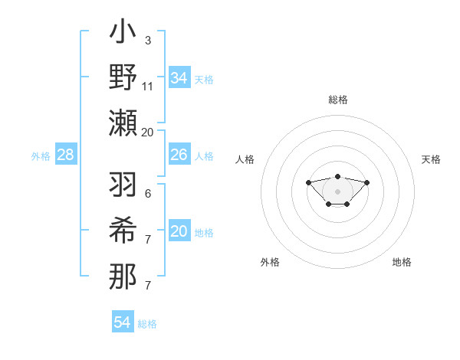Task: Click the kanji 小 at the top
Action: (123, 35)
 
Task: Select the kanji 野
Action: (123, 79)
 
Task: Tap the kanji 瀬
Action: (123, 123)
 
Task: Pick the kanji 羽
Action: (123, 186)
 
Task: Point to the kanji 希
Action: (123, 231)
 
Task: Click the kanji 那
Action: (123, 275)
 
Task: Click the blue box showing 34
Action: (179, 77)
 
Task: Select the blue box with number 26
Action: (179, 155)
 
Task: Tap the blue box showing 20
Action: (179, 231)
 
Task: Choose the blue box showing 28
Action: (65, 155)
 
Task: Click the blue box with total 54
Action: (123, 322)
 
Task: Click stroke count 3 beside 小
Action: (148, 40)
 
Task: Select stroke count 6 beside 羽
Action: (148, 194)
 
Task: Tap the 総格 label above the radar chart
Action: (337, 100)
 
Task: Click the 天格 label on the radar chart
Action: (432, 159)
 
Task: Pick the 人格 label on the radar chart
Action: (245, 159)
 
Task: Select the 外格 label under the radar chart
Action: (270, 262)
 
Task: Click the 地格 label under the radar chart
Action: (402, 262)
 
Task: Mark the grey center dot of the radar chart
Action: (337, 191)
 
